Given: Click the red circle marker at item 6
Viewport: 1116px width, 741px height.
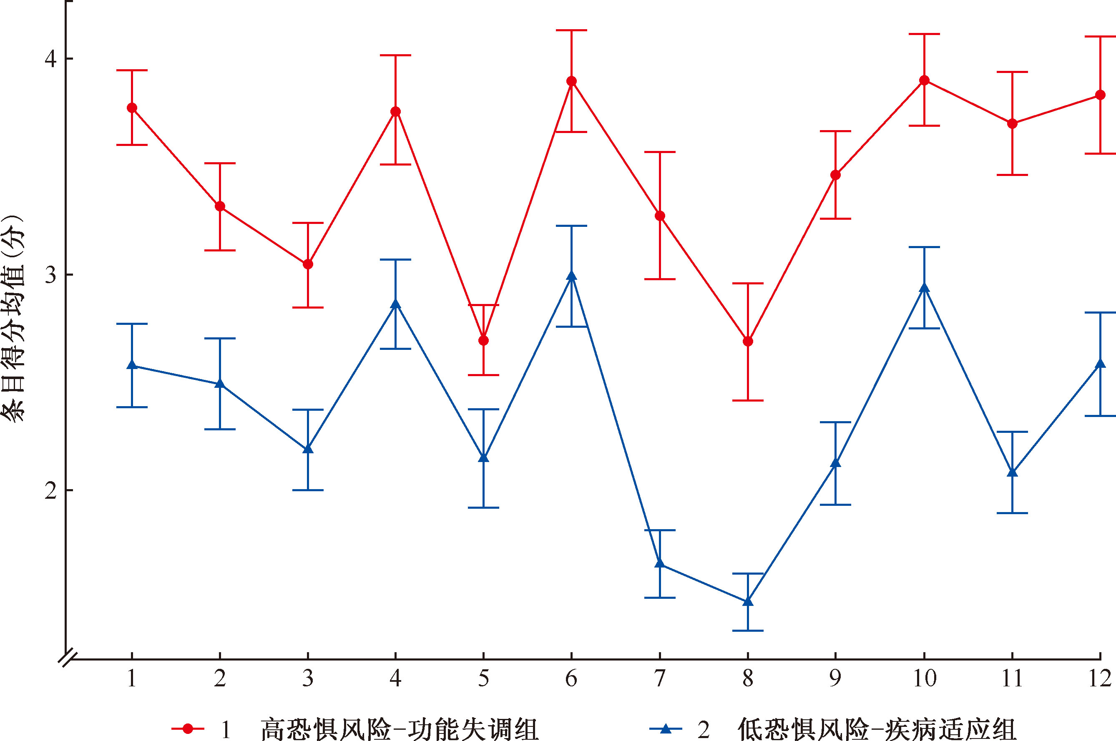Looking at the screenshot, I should (572, 81).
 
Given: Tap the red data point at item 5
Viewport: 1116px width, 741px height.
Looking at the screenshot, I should (483, 340).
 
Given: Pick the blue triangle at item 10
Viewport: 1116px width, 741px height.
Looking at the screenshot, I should (924, 288).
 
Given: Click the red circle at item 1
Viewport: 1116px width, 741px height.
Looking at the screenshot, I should (132, 108).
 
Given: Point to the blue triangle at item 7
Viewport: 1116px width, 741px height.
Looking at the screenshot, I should (660, 563).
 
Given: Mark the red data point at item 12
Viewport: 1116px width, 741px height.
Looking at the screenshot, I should (1100, 95).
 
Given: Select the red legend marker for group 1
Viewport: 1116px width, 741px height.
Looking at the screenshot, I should (188, 728).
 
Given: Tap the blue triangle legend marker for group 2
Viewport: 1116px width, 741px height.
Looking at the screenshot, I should (666, 728).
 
